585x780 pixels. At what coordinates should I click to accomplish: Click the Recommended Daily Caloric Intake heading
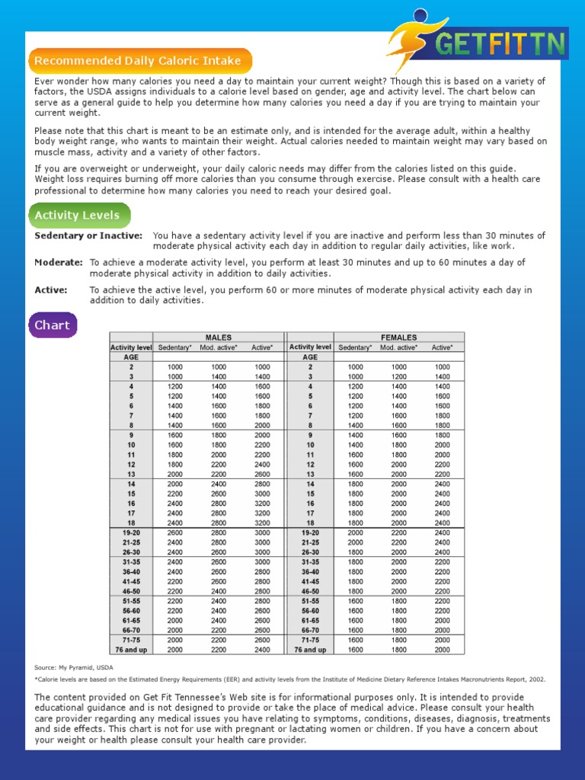click(138, 61)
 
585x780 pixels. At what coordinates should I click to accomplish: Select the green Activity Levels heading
click(77, 216)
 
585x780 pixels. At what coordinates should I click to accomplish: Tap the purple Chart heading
click(52, 325)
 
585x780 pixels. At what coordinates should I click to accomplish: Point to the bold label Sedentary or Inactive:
click(88, 236)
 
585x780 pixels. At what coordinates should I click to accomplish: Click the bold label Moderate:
click(59, 263)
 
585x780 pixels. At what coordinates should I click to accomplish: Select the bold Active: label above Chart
click(51, 290)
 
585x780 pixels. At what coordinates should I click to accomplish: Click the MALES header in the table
click(219, 337)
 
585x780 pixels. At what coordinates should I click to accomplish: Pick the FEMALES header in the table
click(398, 337)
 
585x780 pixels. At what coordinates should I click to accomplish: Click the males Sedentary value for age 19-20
click(175, 532)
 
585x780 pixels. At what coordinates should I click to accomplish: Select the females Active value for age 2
click(443, 367)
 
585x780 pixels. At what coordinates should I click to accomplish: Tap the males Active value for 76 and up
click(263, 650)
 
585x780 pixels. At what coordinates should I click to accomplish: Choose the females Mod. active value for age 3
click(399, 377)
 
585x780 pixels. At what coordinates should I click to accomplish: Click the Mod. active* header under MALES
click(219, 347)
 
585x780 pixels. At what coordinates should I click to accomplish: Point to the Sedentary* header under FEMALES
click(356, 347)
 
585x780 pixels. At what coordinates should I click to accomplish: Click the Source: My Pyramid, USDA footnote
click(74, 667)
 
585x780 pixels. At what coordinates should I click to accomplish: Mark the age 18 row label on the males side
click(132, 523)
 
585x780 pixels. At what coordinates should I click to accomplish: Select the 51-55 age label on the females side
click(310, 601)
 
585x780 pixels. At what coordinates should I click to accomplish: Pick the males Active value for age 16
click(263, 503)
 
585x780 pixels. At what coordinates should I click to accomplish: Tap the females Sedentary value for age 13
click(356, 474)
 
